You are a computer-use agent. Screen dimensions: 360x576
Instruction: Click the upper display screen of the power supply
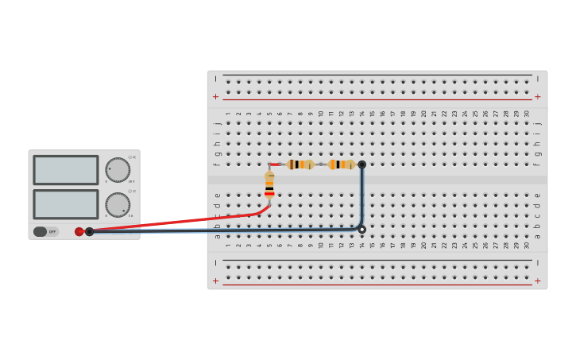(x=66, y=169)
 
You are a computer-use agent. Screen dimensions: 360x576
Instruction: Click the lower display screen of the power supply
(x=66, y=203)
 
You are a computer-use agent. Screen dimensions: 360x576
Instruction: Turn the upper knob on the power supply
(x=118, y=169)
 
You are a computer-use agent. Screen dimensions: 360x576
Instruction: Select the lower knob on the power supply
(x=118, y=204)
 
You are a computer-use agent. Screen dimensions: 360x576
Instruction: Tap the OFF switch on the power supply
(x=45, y=232)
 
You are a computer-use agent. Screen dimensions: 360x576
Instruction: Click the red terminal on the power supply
(x=79, y=232)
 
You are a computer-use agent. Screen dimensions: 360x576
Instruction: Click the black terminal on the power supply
(x=90, y=232)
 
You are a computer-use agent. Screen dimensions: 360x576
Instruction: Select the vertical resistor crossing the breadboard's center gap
(x=269, y=184)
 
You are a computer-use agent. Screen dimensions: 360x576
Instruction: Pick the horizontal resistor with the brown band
(x=300, y=165)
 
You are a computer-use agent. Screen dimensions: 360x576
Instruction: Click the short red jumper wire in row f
(x=275, y=165)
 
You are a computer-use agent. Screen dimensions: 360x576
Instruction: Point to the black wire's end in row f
(x=361, y=165)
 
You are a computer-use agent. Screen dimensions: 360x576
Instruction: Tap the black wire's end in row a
(x=361, y=229)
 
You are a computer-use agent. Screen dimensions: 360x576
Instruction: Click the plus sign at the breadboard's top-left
(x=215, y=97)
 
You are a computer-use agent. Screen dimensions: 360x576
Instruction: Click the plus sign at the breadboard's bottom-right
(x=537, y=281)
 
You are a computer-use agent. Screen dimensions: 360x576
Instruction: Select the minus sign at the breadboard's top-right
(x=537, y=79)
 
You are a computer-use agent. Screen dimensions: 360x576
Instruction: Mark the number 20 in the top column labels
(x=423, y=114)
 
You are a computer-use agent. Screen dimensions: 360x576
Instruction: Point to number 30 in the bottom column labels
(x=526, y=246)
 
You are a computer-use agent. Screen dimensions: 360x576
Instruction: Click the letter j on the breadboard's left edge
(x=217, y=124)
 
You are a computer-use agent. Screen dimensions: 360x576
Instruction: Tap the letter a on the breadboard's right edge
(x=538, y=236)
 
